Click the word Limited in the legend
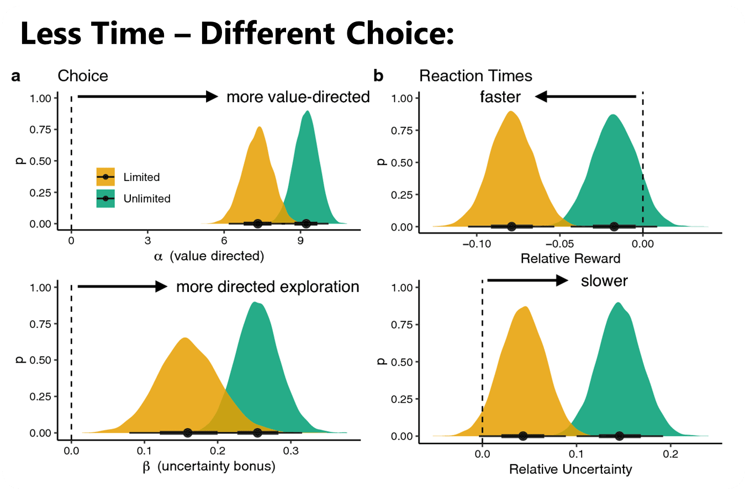coord(142,177)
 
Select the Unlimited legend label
coord(147,199)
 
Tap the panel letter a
coord(15,76)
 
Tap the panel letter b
coord(378,76)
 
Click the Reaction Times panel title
coord(475,76)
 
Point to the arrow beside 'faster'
coord(585,97)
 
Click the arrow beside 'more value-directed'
coord(148,97)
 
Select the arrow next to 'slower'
coord(527,280)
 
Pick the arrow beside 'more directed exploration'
coord(122,286)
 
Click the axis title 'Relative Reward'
coord(570,258)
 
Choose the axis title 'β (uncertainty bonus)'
coord(209,466)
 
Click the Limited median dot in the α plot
coord(257,224)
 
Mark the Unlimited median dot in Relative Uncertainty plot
coord(619,436)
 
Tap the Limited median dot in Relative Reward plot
coord(511,226)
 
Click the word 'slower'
coord(604,281)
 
